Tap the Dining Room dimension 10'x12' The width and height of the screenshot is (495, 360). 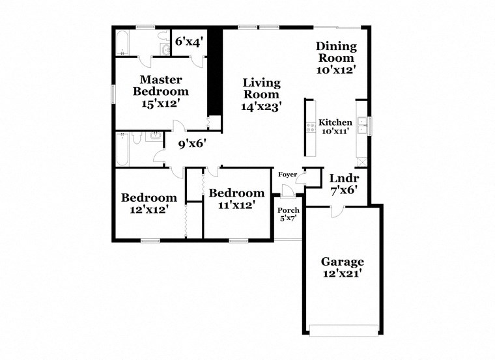pos(336,69)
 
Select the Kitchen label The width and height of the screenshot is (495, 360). pos(335,122)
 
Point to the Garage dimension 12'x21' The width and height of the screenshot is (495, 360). pos(342,274)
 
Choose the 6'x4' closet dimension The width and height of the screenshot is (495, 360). pos(190,41)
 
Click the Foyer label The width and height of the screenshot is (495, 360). pos(287,174)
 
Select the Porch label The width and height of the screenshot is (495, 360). pos(288,210)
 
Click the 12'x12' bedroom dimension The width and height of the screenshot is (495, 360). pos(148,210)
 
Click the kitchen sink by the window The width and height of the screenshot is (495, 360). pos(361,124)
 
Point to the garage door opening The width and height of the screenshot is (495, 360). pos(342,331)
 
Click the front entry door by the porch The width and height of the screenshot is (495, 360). pos(287,190)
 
